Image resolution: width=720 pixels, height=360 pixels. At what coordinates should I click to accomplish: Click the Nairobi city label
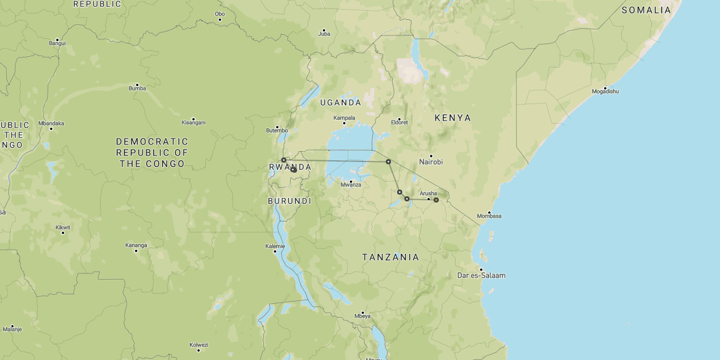coord(431,162)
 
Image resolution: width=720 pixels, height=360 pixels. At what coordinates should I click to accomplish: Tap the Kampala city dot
coord(344,123)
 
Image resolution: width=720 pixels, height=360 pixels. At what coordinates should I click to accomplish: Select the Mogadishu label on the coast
coord(605,92)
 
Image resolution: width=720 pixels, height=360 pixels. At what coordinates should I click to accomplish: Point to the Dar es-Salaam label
coord(481,276)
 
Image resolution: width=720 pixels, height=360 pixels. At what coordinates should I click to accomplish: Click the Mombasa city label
coord(489,216)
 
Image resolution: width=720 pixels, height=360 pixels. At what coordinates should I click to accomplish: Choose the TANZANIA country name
coord(390,257)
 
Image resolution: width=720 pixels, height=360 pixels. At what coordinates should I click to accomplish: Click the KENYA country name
coord(453,118)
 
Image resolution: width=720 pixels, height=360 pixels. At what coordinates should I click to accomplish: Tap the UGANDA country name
coord(340,102)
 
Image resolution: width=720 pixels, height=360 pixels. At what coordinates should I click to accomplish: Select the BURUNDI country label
coord(289,201)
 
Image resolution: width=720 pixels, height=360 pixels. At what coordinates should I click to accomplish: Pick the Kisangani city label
coord(193,123)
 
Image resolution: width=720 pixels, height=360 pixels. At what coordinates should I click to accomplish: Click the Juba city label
coord(324,34)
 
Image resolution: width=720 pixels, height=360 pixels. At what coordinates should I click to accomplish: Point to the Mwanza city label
coord(350,184)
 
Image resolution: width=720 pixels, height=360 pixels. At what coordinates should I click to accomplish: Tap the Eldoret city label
coord(399,123)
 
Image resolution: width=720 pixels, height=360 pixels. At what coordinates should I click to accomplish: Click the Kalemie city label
coord(275,246)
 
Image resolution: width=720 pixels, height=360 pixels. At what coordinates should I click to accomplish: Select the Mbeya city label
coord(362,316)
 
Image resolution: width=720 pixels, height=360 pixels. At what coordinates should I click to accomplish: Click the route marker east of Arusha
coord(436,200)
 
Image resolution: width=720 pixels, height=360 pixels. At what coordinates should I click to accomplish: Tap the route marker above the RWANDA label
coord(283,160)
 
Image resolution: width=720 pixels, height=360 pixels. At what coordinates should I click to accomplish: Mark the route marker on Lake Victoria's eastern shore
coord(388,161)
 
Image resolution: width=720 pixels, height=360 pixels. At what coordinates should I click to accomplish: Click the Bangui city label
coord(57,43)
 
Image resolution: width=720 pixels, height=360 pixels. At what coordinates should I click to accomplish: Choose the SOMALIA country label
coord(646,10)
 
